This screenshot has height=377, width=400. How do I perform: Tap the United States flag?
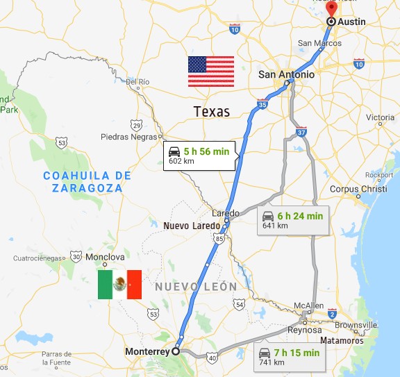(211, 72)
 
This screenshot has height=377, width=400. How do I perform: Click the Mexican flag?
(119, 285)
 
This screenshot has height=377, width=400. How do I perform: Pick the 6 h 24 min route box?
(292, 220)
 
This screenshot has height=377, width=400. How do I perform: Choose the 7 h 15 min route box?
(290, 357)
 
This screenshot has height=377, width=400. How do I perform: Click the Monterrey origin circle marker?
(176, 351)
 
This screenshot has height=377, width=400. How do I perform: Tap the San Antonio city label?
(285, 74)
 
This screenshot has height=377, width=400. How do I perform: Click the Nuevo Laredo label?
(192, 226)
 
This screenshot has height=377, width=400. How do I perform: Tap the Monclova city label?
(104, 257)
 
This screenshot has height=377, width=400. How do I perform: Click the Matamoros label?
(342, 341)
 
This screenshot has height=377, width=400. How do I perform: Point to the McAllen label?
(310, 305)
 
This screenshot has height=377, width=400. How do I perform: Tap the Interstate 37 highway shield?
(300, 132)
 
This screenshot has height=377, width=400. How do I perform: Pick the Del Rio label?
(138, 82)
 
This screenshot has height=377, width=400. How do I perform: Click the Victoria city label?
(380, 117)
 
